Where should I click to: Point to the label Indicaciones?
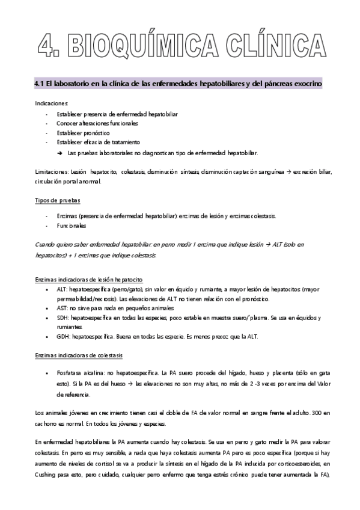tap(52, 103)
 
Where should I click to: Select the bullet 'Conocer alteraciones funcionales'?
tap(97, 123)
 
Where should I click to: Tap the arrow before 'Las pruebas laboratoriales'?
tap(61, 152)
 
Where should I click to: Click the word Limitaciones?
tap(50, 171)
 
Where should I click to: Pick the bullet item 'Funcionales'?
tap(72, 226)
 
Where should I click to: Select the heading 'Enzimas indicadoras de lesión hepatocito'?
tap(88, 280)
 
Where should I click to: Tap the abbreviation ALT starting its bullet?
tap(63, 289)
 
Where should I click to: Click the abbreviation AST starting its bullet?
tap(63, 307)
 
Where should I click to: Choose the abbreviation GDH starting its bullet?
tap(63, 336)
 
